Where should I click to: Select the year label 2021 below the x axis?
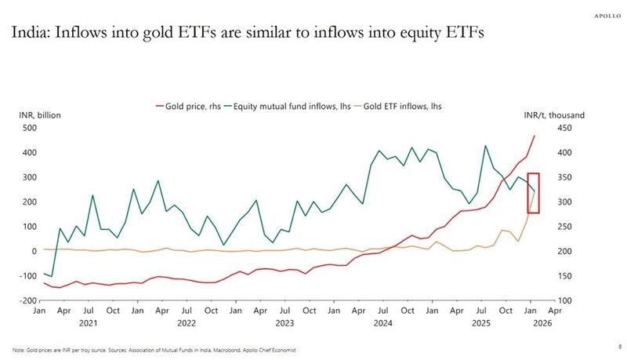[x=89, y=322]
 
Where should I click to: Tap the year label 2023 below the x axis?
[x=284, y=322]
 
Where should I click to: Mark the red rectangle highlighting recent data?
[x=532, y=192]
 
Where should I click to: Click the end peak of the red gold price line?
[x=535, y=136]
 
